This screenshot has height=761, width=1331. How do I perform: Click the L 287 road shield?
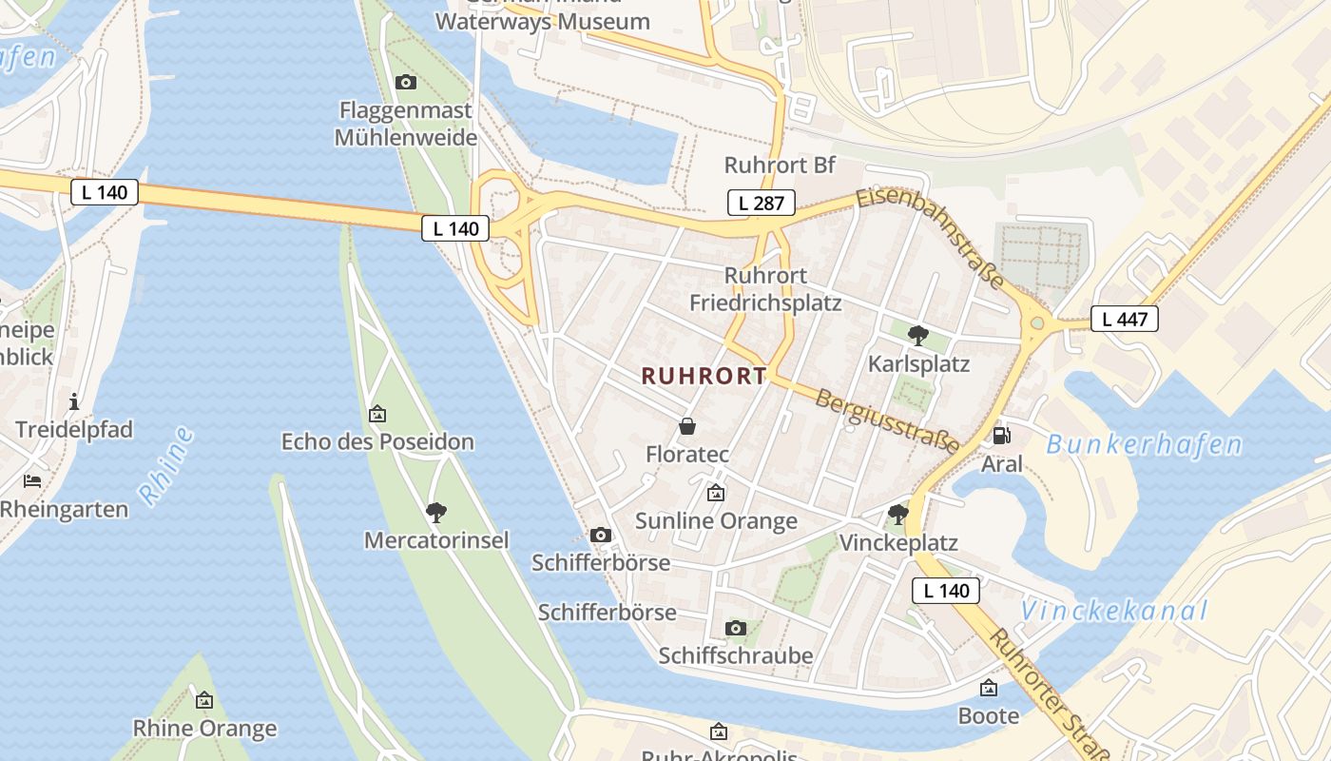point(761,202)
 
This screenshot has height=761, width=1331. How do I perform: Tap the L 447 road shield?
point(1124,319)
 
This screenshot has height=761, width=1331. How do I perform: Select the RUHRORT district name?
point(704,376)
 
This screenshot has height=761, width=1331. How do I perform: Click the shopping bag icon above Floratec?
point(687,426)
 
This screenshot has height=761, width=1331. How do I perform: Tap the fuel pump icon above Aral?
point(1001,436)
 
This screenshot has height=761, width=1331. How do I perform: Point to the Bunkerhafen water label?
point(1144,444)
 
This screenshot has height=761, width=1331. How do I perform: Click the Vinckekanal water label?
point(1113,611)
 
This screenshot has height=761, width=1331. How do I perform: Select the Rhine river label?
point(166,465)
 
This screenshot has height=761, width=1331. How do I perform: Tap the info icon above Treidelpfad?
point(74,401)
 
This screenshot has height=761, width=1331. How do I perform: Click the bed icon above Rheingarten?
point(32,481)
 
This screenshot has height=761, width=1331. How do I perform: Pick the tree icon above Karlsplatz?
point(917,335)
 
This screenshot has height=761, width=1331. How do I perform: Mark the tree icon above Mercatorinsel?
point(436,513)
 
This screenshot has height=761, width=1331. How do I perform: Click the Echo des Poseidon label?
point(377,441)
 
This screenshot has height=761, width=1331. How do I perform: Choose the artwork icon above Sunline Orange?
point(716,493)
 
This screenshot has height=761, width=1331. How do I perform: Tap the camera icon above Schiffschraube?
point(735,628)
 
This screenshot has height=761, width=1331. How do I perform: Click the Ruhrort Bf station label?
point(780,165)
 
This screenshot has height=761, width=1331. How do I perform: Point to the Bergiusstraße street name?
point(887,420)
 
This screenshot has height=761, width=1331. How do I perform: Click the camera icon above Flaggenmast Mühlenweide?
point(406,83)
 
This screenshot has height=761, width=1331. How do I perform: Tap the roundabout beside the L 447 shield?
point(1037,323)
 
